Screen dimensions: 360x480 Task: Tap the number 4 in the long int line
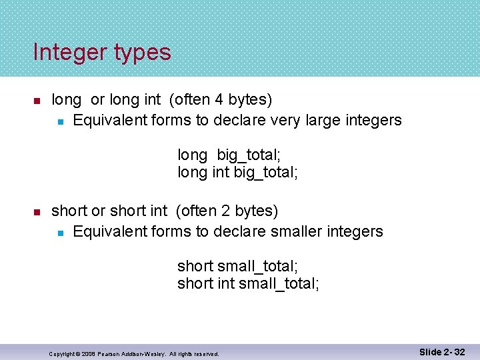[x=219, y=100]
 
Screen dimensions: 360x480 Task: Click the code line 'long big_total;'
[x=229, y=155]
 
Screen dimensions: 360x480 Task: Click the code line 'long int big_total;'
[x=237, y=173]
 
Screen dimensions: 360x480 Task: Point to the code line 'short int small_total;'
[x=248, y=284]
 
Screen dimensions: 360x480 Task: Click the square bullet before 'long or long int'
[x=37, y=101]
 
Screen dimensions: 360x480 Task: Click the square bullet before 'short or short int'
[x=37, y=212]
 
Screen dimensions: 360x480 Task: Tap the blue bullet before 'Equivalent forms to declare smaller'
[x=60, y=233]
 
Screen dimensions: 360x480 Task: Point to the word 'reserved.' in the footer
[x=206, y=353]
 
